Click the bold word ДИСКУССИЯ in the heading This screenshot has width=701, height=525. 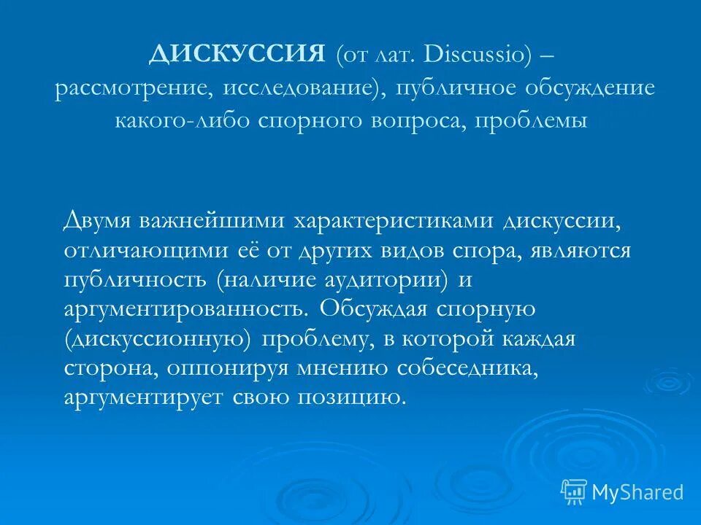(x=237, y=55)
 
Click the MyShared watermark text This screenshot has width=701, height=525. (x=637, y=492)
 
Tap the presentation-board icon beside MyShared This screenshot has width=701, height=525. (x=574, y=491)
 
